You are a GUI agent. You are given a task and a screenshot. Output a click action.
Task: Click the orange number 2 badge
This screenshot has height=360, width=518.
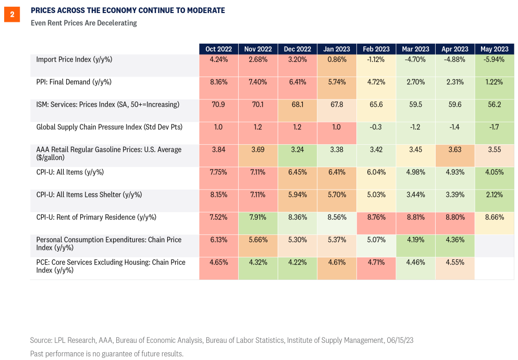(12, 15)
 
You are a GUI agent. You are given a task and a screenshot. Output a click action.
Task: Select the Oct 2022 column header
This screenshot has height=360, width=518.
(218, 49)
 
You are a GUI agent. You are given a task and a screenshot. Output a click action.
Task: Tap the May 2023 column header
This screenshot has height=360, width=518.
(495, 49)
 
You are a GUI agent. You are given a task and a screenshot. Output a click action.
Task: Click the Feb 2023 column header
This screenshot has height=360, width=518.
(376, 49)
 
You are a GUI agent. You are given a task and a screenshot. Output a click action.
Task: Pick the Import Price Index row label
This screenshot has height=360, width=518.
(74, 59)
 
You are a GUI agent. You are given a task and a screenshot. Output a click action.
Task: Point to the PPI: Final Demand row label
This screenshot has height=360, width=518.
(73, 82)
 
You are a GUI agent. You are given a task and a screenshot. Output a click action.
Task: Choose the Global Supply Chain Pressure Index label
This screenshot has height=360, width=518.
(109, 127)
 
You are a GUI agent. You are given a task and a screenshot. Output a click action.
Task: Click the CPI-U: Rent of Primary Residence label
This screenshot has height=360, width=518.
(96, 217)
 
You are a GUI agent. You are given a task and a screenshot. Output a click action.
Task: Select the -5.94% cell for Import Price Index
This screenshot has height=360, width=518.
(495, 59)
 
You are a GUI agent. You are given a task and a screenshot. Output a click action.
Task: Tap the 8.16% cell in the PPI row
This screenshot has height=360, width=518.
(218, 82)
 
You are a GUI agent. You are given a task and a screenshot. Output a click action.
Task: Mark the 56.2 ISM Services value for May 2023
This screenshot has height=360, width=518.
(495, 105)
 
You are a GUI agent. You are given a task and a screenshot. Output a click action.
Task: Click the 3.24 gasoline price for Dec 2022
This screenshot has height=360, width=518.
(297, 150)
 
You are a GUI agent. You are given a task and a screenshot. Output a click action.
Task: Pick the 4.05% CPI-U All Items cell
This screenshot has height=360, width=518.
(495, 172)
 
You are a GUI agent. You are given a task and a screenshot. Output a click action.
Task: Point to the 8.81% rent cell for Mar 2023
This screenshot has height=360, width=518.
(415, 217)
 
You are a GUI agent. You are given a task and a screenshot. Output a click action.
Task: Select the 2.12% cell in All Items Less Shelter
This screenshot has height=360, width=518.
(495, 195)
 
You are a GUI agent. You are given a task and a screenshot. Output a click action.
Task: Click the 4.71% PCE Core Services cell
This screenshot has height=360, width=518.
(376, 263)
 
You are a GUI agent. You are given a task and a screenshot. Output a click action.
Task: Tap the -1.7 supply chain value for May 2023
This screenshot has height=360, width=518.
(495, 127)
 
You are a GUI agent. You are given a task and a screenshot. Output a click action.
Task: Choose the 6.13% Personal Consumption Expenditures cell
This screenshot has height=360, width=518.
(218, 240)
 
